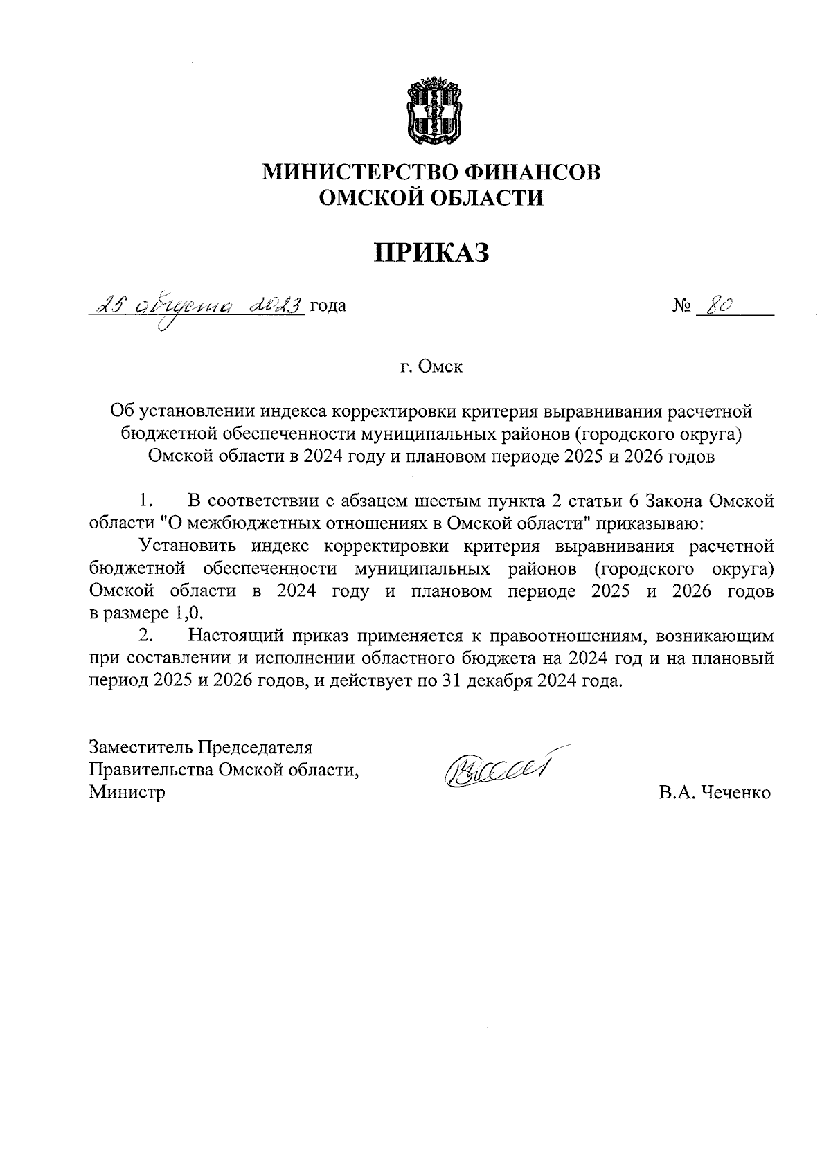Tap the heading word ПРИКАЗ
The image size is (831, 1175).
pos(431,253)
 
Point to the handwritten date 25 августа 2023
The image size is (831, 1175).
pos(199,305)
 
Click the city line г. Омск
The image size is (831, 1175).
pos(431,366)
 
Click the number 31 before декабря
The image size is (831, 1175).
pos(447,681)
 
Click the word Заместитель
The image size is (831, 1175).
pos(141,748)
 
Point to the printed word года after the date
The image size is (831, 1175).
pos(328,305)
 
